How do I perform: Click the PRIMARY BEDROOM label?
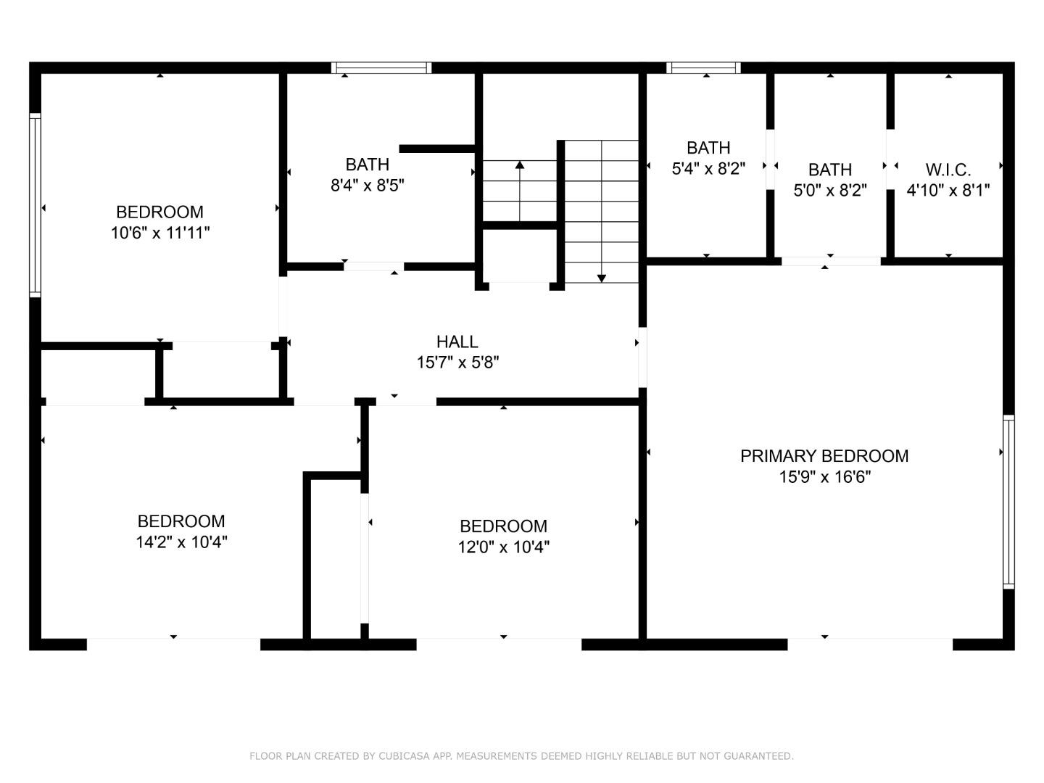(x=824, y=456)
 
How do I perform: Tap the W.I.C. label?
(x=948, y=170)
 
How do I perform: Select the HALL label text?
(x=457, y=341)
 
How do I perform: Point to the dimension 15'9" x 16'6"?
(x=824, y=477)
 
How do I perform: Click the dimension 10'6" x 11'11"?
(x=160, y=233)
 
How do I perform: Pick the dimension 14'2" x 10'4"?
(x=181, y=542)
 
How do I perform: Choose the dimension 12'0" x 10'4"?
(x=503, y=547)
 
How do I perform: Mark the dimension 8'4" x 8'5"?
(x=367, y=186)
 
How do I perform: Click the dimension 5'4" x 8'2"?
(x=708, y=169)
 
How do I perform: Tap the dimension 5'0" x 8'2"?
(x=830, y=191)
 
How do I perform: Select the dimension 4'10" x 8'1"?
(x=948, y=191)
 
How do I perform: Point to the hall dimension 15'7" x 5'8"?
(x=457, y=362)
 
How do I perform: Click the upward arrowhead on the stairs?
(x=519, y=165)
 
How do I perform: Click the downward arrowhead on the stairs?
(x=601, y=278)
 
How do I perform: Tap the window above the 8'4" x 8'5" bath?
(x=381, y=67)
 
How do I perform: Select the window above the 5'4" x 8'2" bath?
(x=703, y=67)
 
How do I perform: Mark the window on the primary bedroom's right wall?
(x=1008, y=501)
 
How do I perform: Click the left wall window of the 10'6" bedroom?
(x=34, y=204)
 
